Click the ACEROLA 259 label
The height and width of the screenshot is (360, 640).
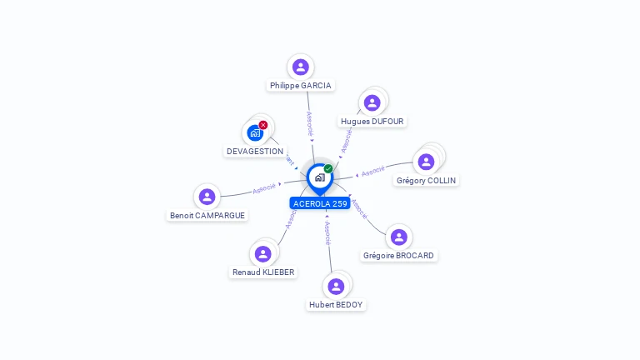[320, 203]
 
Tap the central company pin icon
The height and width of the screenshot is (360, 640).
[319, 177]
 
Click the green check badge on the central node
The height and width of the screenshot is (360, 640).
[328, 168]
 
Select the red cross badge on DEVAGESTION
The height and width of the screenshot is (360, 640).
[263, 125]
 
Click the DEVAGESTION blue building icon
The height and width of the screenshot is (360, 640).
[255, 132]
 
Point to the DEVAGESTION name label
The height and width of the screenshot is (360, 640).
[255, 152]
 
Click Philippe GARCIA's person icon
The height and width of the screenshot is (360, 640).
[301, 67]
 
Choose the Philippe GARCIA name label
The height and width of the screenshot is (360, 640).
[301, 86]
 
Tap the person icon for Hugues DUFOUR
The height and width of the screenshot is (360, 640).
[372, 102]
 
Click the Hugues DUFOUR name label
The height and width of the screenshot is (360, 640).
[372, 122]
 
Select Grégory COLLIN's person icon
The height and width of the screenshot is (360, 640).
[426, 162]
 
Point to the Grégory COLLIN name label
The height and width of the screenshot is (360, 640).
[426, 181]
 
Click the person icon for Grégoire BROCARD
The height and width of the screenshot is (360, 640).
[399, 237]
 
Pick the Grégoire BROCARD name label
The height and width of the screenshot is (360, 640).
[399, 256]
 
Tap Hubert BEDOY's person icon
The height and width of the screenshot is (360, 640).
[336, 286]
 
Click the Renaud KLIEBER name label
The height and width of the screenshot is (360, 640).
[263, 272]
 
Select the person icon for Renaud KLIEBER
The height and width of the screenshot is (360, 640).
[263, 253]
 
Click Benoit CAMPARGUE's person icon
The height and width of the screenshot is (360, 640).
[207, 197]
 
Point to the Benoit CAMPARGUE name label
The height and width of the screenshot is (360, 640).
[207, 216]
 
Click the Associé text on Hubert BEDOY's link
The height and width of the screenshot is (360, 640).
[327, 232]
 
